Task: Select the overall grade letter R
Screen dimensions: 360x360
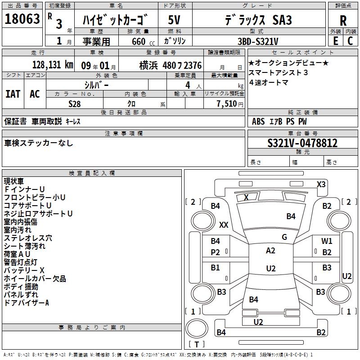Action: coord(343,21)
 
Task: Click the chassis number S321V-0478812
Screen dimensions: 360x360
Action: coord(302,143)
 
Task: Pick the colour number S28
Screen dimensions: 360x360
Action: coord(75,103)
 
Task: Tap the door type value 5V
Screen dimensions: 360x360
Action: coord(175,20)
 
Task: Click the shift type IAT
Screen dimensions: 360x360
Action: coord(13,94)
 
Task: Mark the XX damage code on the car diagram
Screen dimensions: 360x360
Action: coord(224,225)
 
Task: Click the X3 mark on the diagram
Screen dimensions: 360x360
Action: coord(321,184)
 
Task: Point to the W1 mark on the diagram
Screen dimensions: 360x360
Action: coord(327,241)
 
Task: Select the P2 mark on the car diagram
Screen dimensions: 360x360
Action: coord(216,252)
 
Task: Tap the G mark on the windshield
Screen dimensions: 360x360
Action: coord(284,237)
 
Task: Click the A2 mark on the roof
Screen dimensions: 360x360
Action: coord(270,251)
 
